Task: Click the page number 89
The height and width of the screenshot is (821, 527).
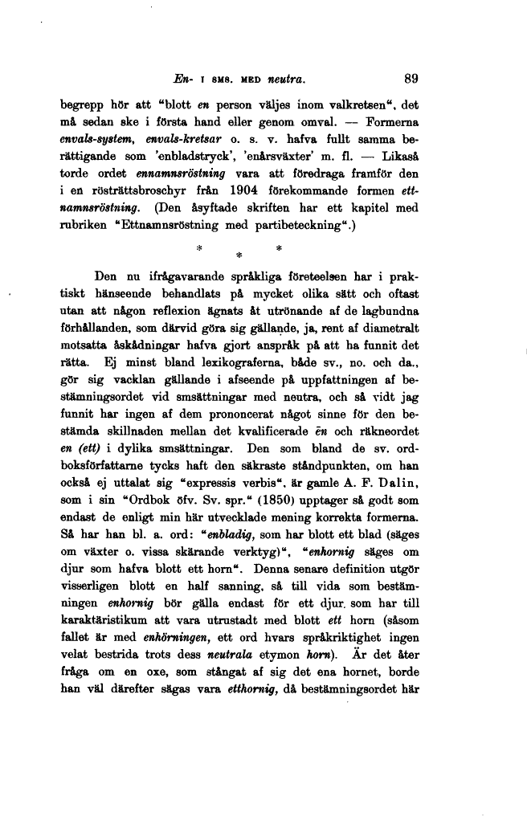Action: click(x=411, y=79)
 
